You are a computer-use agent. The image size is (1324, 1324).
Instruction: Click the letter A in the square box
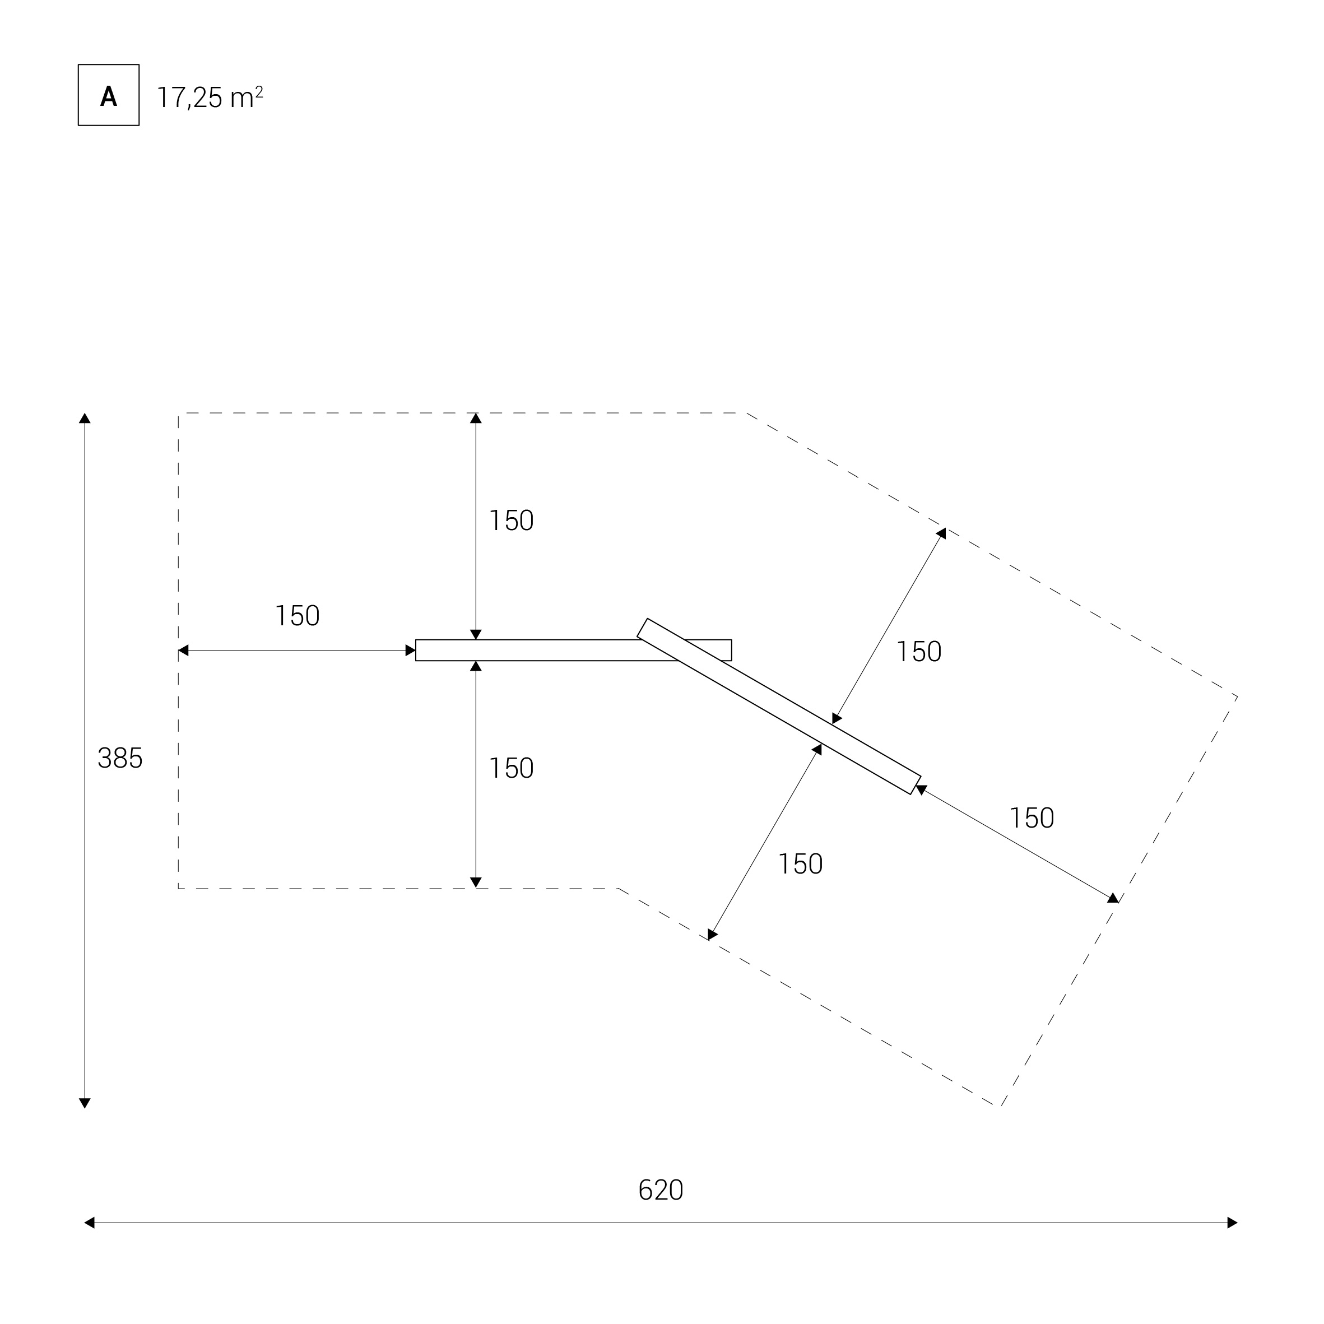pos(108,96)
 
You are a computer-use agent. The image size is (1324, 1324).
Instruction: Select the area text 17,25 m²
pos(210,97)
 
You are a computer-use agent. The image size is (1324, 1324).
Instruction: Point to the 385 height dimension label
pos(120,759)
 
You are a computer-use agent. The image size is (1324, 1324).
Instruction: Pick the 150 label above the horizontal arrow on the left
pos(298,616)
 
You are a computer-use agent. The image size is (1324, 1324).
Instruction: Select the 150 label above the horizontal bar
pos(511,521)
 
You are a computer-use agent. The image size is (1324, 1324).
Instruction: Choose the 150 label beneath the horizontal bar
pos(511,768)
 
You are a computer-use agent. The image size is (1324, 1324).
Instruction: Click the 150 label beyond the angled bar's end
pos(1032,818)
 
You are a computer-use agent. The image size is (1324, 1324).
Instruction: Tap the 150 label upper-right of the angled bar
pos(919,652)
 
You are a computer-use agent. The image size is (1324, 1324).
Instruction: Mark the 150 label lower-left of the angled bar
pos(801,864)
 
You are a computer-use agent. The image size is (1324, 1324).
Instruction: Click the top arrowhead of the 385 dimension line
pos(85,418)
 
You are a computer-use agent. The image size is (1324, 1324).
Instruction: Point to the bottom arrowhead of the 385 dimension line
pos(85,1103)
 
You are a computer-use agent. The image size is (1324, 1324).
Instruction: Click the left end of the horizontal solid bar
pos(416,651)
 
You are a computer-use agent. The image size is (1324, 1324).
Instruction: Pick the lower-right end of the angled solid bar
pos(916,786)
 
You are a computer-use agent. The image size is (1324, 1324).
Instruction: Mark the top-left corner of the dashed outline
pos(179,414)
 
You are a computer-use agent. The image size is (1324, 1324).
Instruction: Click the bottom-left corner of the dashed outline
pos(179,888)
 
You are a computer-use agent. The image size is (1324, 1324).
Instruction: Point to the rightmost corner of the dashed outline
pos(1237,697)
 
